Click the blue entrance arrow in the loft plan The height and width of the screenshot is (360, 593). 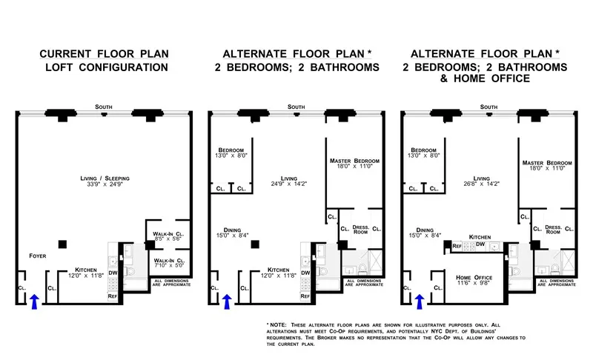pyautogui.click(x=33, y=300)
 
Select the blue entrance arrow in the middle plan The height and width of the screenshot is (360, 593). pyautogui.click(x=226, y=300)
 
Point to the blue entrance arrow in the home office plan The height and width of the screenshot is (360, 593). pyautogui.click(x=420, y=300)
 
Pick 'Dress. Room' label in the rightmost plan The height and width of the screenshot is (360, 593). pyautogui.click(x=552, y=229)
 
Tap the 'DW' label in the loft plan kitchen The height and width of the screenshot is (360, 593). pyautogui.click(x=113, y=273)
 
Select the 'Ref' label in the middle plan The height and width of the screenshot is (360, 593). pyautogui.click(x=305, y=296)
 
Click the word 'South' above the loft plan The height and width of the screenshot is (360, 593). pyautogui.click(x=103, y=107)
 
